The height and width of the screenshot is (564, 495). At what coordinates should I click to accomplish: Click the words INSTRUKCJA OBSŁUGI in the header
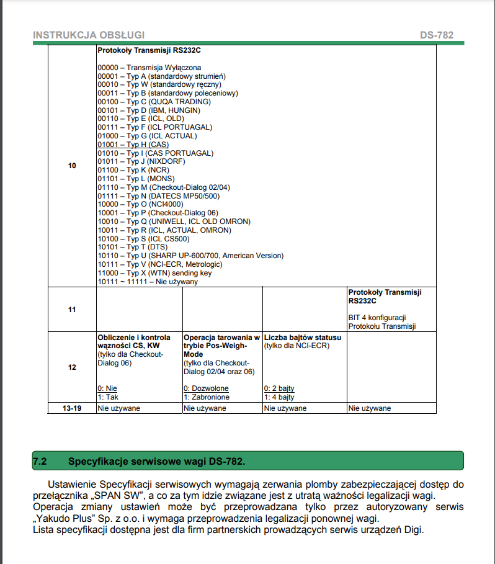click(89, 35)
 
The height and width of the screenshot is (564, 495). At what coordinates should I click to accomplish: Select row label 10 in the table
click(72, 166)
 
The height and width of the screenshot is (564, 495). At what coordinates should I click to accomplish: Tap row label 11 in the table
click(72, 309)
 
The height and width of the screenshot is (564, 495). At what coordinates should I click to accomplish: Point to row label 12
click(72, 367)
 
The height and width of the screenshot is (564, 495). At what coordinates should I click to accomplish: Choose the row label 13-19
click(72, 408)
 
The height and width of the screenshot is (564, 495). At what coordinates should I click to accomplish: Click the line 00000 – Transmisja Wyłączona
click(149, 67)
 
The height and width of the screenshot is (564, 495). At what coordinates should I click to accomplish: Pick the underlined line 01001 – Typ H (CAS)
click(133, 145)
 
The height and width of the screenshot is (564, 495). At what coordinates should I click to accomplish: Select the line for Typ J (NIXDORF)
click(141, 161)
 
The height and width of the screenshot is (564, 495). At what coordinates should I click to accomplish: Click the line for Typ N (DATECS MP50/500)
click(158, 196)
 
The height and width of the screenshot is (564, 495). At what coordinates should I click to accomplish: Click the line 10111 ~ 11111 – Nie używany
click(148, 282)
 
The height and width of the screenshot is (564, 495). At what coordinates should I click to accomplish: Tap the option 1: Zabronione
click(207, 397)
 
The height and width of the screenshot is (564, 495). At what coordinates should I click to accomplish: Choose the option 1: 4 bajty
click(279, 397)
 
